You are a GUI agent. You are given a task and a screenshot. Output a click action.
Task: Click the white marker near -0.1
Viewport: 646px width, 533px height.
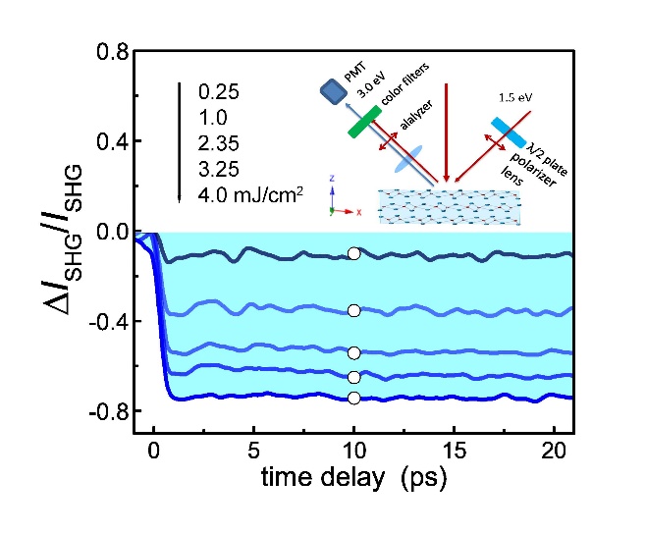(x=353, y=253)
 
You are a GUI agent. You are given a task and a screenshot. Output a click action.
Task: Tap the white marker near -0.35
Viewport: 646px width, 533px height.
(x=353, y=310)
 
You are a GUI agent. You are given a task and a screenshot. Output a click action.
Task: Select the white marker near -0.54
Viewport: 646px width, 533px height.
(x=353, y=352)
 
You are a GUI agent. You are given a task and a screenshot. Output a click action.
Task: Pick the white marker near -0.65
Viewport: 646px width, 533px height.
(x=353, y=377)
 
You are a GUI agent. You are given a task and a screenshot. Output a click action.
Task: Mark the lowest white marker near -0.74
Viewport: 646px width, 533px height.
(x=353, y=398)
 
